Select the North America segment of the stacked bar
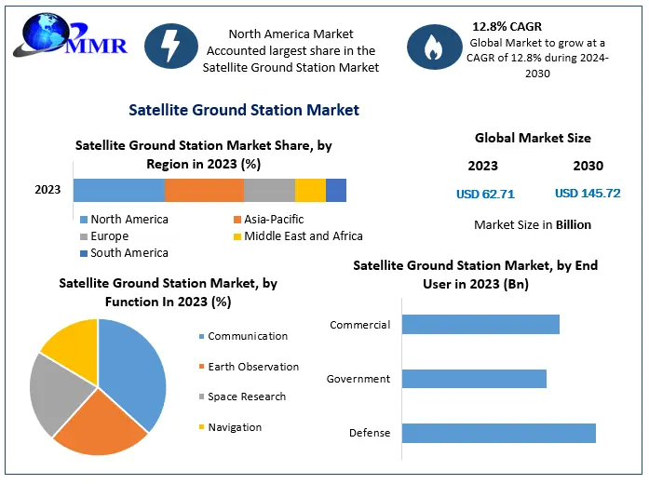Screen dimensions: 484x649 [x=119, y=190]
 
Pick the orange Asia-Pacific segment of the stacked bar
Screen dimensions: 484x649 [x=204, y=190]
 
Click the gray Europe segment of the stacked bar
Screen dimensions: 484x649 [x=269, y=190]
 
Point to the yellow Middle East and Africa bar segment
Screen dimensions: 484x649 [x=310, y=190]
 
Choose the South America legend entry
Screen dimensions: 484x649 [x=124, y=253]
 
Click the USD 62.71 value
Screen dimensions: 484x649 [x=485, y=195]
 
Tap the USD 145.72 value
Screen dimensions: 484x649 [x=588, y=195]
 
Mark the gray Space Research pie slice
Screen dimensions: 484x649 [x=51, y=396]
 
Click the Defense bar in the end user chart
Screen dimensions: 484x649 [x=498, y=433]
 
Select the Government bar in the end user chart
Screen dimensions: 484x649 [x=474, y=379]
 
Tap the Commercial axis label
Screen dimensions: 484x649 [x=359, y=325]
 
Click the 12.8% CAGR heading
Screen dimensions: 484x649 [x=507, y=26]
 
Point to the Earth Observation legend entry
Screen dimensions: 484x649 [x=252, y=367]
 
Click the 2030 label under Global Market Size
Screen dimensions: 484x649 [x=588, y=167]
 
